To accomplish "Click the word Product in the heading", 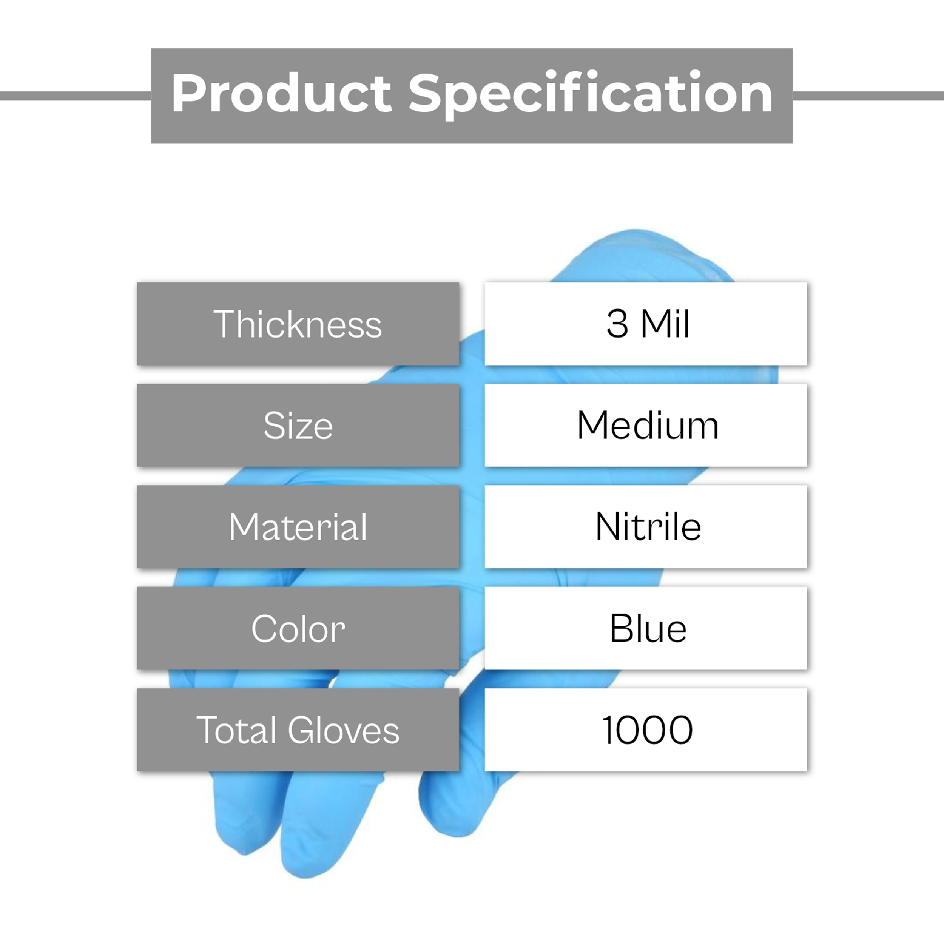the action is click(281, 93).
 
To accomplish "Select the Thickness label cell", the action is click(298, 324).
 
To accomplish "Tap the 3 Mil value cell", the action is click(645, 324).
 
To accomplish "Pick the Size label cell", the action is click(298, 425).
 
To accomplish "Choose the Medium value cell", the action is click(645, 425).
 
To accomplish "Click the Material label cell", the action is click(298, 527).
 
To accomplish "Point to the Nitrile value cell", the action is click(645, 527).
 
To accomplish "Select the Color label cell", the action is click(298, 628).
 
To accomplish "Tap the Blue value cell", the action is click(645, 628).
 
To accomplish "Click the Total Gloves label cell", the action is click(298, 730).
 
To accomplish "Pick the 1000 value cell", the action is click(645, 730).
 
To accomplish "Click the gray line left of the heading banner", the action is click(76, 96).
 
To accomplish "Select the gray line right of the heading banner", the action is click(868, 96).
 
